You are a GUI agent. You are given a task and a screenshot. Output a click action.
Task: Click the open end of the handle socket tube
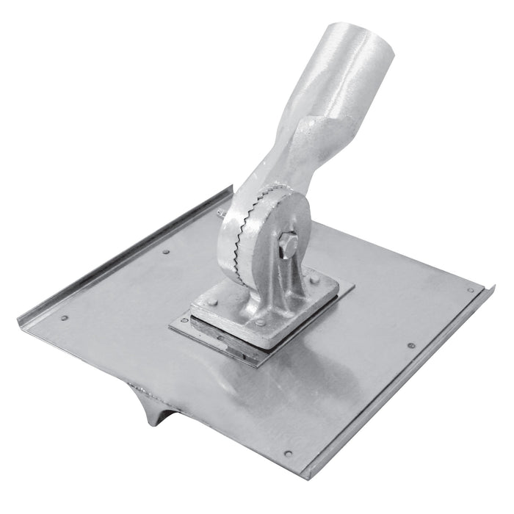pos(372,44)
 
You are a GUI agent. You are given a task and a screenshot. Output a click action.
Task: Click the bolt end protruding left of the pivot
pos(220,213)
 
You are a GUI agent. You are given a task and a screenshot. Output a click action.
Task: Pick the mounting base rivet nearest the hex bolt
pos(314,280)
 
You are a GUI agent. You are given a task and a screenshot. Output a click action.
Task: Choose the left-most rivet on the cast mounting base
pos(211,301)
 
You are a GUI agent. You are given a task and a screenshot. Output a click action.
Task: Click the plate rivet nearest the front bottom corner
pos(287,453)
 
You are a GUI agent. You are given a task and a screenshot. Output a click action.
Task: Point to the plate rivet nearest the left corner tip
pos(65,318)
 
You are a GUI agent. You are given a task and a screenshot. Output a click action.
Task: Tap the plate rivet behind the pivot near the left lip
pos(166,251)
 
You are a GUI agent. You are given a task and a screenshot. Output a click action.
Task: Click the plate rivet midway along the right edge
pos(411,345)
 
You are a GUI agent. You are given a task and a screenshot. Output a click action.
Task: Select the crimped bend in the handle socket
pos(323,128)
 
